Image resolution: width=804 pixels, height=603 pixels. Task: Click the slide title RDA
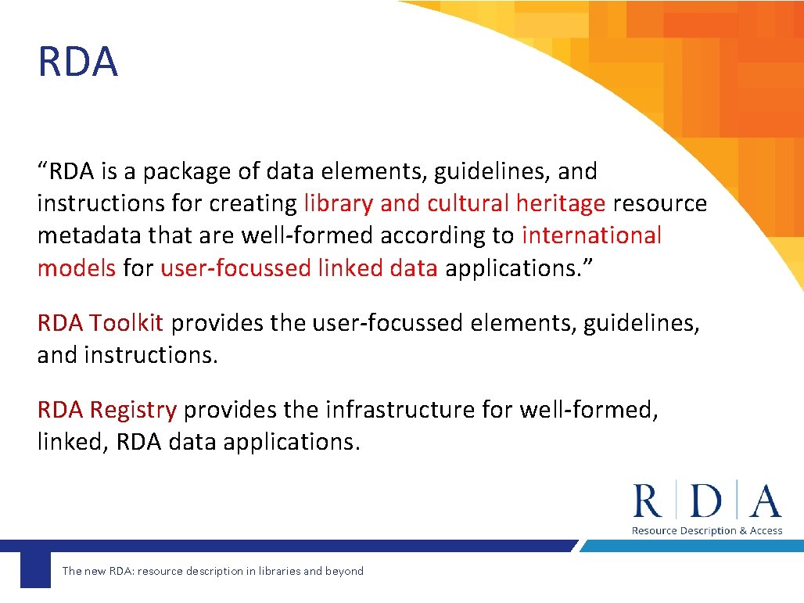77,63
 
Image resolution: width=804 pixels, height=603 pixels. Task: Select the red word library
339,204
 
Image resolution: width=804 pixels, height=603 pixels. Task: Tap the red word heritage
560,204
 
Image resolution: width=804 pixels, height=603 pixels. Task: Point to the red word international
591,235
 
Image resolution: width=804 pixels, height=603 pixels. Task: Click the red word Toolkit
126,323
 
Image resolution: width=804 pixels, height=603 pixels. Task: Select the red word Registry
133,410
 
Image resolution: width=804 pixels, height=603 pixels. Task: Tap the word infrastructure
400,410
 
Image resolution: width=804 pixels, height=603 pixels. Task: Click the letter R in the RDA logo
647,501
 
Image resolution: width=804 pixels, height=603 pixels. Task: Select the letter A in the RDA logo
764,501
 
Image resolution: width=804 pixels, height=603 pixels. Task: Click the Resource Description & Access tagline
706,531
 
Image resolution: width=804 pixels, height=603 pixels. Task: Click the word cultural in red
467,204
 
